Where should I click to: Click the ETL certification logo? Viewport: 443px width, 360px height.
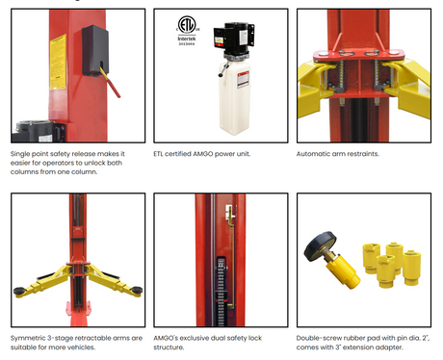click(187, 24)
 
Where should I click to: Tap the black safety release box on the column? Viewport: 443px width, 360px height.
click(95, 50)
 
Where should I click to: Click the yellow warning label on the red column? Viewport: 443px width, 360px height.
click(58, 62)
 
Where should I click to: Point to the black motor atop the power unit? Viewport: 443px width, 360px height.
click(234, 39)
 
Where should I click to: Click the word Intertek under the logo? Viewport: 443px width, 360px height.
click(187, 39)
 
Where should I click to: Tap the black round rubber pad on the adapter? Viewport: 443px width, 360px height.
click(320, 246)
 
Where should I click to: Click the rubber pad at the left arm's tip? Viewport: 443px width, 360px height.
click(19, 291)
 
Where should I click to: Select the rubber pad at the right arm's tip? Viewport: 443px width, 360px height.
click(137, 290)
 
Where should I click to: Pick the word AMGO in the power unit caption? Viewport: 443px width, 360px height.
click(203, 154)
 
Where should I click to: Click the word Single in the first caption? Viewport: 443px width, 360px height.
click(20, 154)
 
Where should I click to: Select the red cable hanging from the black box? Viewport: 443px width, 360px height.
click(112, 84)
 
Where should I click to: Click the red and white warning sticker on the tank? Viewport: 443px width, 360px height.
click(243, 79)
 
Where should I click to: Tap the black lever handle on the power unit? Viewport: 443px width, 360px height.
click(223, 69)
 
